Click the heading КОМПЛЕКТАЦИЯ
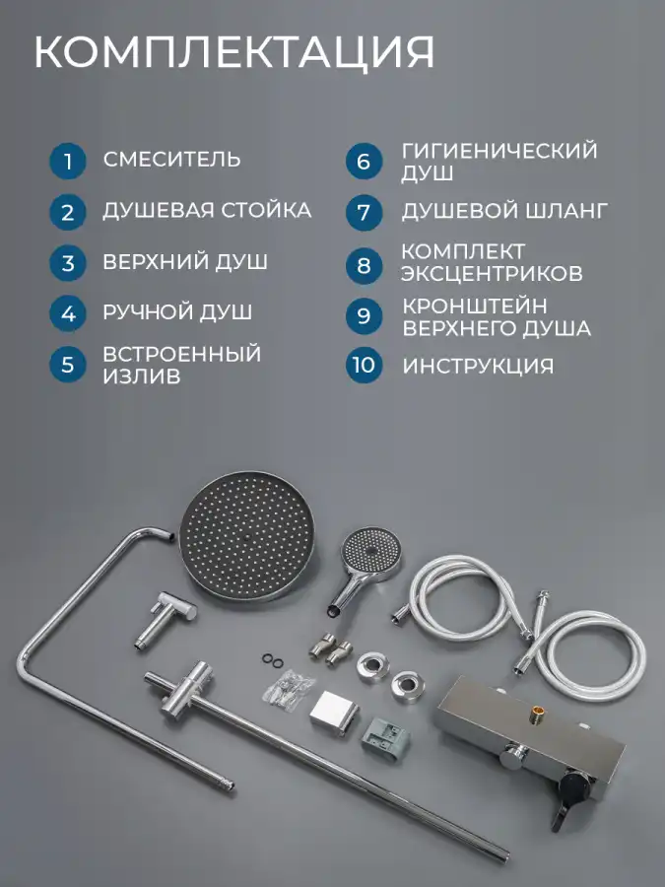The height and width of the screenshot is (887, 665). click(234, 52)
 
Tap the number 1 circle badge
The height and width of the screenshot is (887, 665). click(68, 162)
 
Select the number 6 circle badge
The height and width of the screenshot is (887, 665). click(364, 162)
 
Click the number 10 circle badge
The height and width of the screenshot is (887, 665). click(364, 365)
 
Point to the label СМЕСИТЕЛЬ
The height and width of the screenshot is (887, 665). click(171, 160)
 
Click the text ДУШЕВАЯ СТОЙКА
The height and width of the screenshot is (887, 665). click(207, 211)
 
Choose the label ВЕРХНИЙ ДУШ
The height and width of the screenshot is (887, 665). click(185, 262)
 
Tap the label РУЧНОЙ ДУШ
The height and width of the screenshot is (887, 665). click(177, 312)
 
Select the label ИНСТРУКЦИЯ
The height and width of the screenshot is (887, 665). click(478, 366)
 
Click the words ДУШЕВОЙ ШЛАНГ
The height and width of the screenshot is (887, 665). click(504, 211)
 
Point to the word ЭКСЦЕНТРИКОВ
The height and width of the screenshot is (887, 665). click(492, 273)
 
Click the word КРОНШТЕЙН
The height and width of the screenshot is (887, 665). click(475, 307)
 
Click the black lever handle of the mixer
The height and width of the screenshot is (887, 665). click(567, 799)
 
